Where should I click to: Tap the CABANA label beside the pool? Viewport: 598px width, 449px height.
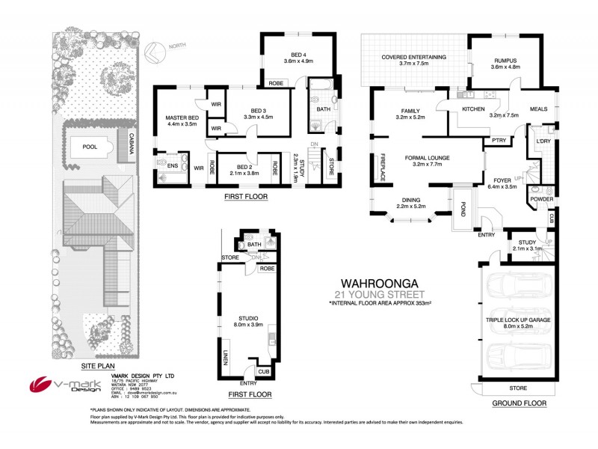132,142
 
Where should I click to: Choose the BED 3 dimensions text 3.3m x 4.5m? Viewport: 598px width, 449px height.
260,116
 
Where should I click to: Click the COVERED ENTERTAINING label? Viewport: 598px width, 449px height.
413,57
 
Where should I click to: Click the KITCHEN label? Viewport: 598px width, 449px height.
473,109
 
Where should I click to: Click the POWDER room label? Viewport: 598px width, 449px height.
542,199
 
